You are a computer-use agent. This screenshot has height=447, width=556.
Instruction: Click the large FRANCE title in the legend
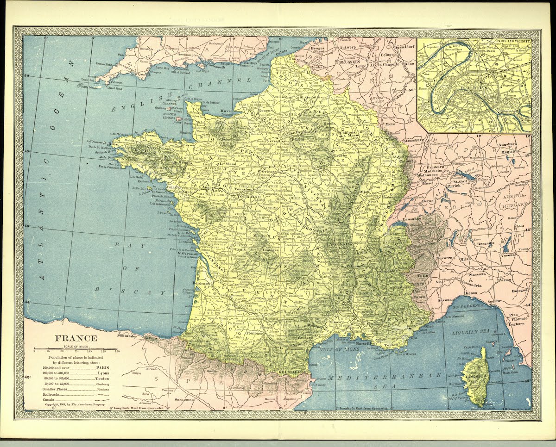click(x=76, y=338)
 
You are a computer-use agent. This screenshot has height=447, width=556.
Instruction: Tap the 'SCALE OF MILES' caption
click(x=76, y=347)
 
